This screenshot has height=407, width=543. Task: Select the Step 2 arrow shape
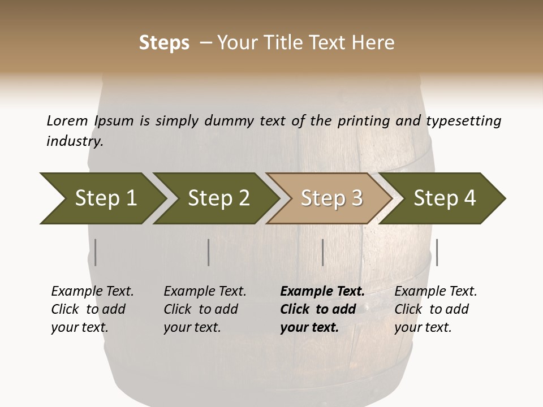(218, 198)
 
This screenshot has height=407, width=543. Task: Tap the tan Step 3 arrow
(331, 198)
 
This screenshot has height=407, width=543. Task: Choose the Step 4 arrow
(445, 198)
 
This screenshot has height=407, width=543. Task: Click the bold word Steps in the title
(164, 43)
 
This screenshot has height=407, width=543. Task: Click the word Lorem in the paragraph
(67, 120)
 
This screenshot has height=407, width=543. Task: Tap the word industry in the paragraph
(75, 141)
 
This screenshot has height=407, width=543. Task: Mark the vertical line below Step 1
(96, 252)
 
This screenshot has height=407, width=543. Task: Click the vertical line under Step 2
(209, 252)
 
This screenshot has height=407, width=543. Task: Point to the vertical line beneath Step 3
(322, 252)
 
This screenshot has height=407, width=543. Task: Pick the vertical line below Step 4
(437, 252)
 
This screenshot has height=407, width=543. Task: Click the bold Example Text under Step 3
(322, 292)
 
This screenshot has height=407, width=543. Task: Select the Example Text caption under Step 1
(92, 292)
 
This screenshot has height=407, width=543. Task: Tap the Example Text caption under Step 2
(205, 292)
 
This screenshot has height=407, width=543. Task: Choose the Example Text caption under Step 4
(436, 292)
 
